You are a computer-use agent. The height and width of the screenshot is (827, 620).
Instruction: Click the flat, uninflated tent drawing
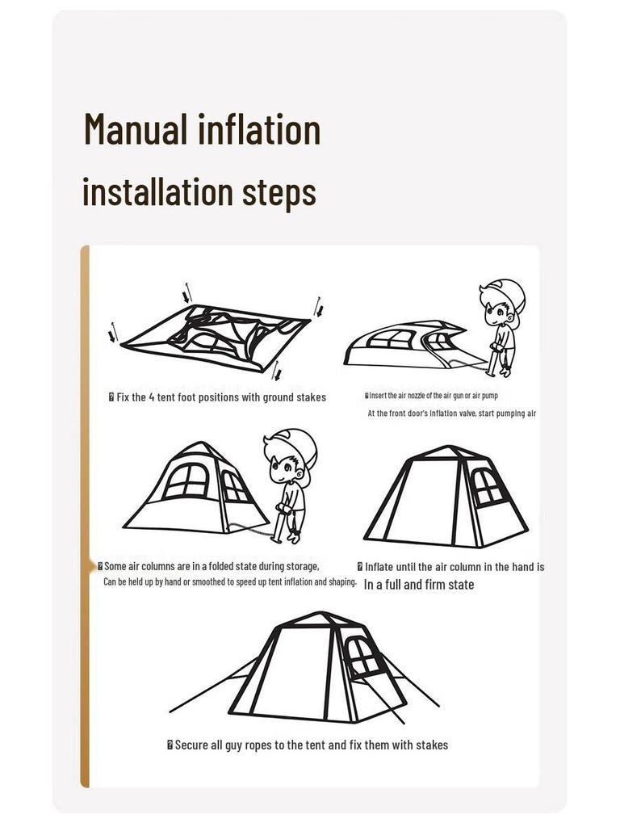[x=214, y=338]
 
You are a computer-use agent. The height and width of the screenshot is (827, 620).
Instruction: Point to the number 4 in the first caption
[x=152, y=397]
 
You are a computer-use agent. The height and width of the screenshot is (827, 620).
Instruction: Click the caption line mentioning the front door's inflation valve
[x=451, y=413]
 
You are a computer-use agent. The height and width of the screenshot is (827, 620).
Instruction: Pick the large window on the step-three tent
[x=186, y=481]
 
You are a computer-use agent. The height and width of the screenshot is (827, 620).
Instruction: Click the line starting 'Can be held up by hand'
[x=229, y=581]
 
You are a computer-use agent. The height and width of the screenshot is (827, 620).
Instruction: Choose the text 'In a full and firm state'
[x=418, y=585]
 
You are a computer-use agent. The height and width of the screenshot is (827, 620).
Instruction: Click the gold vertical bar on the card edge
[x=85, y=517]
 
